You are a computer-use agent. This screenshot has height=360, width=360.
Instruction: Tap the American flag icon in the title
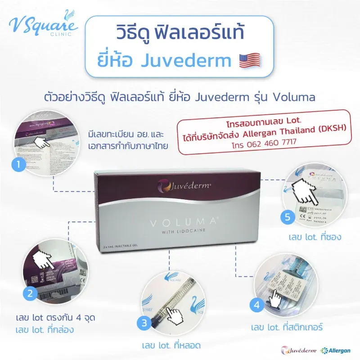(x=252, y=61)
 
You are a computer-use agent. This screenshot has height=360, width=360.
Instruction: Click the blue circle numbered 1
(x=18, y=165)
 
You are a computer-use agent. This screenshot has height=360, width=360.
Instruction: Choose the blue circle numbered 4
(x=256, y=306)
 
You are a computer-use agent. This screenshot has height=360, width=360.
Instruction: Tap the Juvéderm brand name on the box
(x=181, y=184)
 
